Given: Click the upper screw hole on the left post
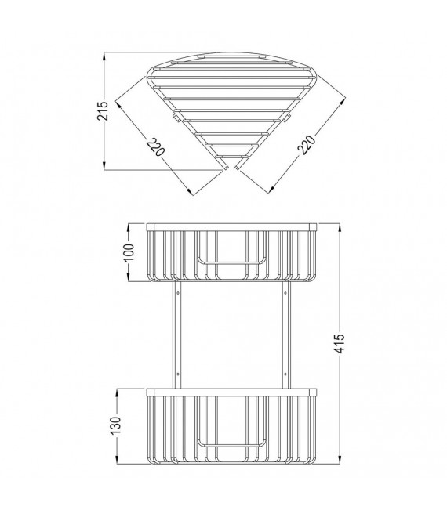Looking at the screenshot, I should [x=179, y=294].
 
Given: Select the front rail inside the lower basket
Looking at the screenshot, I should [x=231, y=443].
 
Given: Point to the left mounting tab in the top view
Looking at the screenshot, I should [x=173, y=118].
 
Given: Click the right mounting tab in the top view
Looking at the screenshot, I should [x=288, y=118].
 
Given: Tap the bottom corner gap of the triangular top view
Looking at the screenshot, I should [x=231, y=164].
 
